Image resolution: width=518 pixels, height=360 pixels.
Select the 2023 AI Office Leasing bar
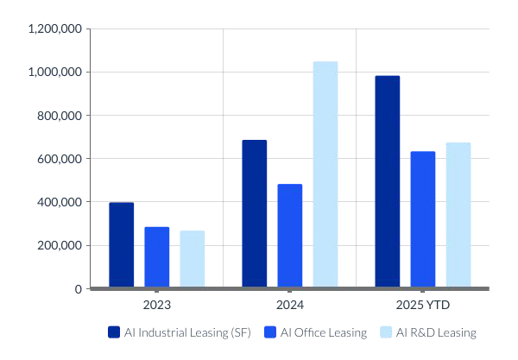tap(157, 256)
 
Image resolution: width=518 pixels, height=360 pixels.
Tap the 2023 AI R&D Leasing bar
tap(193, 258)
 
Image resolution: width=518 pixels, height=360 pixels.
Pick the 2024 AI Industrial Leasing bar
tap(255, 213)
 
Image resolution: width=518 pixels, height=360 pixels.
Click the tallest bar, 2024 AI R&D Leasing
tap(325, 174)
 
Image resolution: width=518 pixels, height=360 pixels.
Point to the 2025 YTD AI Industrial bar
tap(388, 181)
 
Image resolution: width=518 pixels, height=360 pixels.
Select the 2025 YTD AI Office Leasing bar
tap(423, 219)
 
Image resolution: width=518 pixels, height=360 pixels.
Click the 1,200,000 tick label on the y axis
tap(55, 28)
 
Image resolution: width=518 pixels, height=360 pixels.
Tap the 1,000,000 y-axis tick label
tap(55, 72)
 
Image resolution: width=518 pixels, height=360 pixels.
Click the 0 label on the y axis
tap(78, 288)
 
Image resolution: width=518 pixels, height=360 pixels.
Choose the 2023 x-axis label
tap(157, 306)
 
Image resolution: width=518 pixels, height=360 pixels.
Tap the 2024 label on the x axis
tap(290, 306)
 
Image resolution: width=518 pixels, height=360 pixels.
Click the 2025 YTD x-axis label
tap(423, 306)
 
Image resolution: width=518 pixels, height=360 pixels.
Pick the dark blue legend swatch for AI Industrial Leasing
tap(113, 332)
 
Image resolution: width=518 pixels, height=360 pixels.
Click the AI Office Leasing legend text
tap(324, 332)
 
